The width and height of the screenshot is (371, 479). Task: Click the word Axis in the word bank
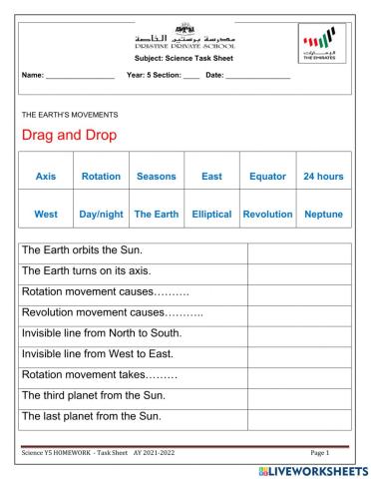coord(46,177)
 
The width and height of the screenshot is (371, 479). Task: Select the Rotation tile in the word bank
coord(101,177)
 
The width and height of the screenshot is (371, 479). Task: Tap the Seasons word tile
coord(156,177)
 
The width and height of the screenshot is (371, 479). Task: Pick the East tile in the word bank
coord(211,177)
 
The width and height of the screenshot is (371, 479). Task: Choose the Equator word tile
coord(267,177)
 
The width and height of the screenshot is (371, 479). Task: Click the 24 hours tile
coord(322,177)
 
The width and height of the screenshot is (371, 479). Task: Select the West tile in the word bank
coord(46,214)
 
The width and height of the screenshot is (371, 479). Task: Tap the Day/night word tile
coord(101,214)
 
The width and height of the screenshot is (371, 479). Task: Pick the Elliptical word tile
coord(211,214)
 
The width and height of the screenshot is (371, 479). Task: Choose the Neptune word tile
coord(322,214)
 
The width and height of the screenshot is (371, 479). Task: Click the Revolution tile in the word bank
coord(267,214)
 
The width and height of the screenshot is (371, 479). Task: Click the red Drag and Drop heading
coord(69,135)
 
